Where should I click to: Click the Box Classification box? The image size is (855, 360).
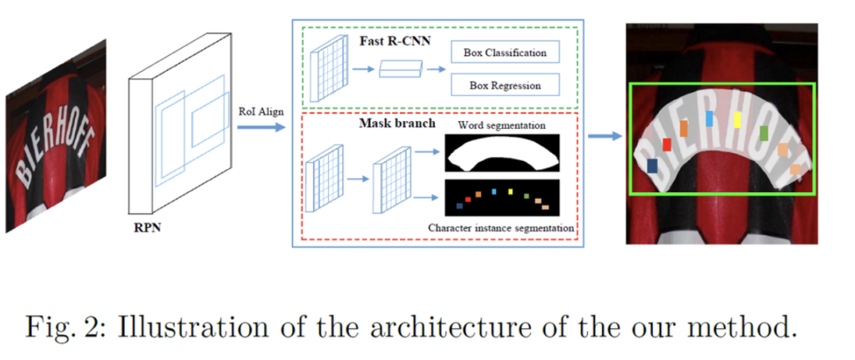coord(504,53)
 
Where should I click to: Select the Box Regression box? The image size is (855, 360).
coord(504,85)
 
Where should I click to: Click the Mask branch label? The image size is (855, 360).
coord(397,124)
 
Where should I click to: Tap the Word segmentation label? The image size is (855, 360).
coord(501,125)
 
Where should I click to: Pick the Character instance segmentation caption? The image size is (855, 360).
coord(501,227)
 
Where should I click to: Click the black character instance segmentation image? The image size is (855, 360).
coord(502,199)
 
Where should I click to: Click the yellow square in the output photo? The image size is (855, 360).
coord(737,119)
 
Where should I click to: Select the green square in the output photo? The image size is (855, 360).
coord(763,133)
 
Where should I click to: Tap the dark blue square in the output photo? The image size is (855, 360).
coord(651,166)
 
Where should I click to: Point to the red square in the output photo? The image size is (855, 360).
coord(667,145)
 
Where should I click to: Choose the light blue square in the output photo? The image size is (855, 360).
coord(709,119)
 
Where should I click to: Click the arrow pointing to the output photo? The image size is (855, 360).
coord(603,136)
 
